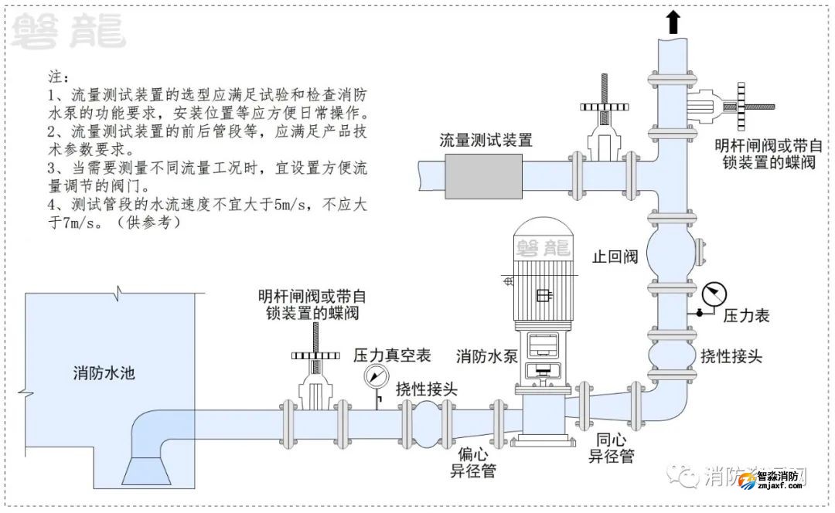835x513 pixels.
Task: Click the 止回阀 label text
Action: click(x=615, y=256)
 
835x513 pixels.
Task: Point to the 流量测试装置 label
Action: click(x=486, y=140)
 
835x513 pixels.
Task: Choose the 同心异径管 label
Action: click(x=612, y=449)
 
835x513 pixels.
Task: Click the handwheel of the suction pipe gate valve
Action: click(x=317, y=355)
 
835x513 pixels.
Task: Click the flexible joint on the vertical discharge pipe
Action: click(x=672, y=356)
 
